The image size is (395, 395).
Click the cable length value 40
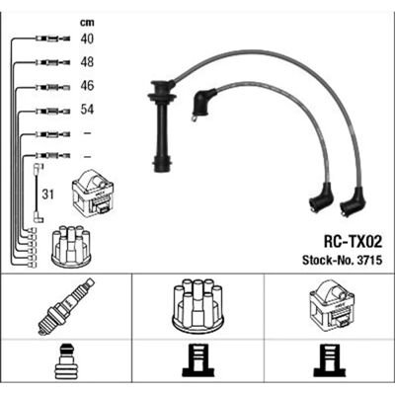pos(87,39)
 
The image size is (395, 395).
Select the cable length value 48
pos(87,62)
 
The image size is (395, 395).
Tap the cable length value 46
pos(87,86)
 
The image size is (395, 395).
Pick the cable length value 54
pos(87,110)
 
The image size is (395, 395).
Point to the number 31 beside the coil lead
pos(47,195)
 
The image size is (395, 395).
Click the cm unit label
pos(87,23)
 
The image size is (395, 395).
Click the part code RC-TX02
pos(353,242)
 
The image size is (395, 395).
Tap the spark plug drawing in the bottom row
pos(66,306)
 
